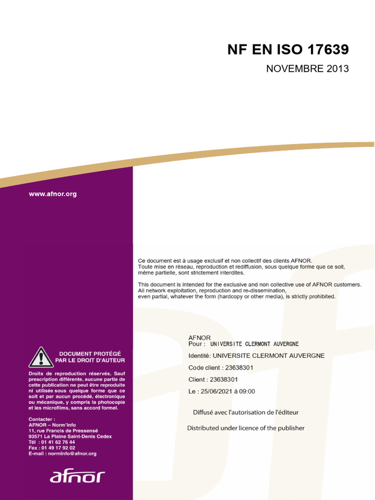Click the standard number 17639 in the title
click(328, 50)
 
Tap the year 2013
click(337, 69)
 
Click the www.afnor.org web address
click(53, 194)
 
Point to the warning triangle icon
click(41, 357)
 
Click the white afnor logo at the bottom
click(77, 477)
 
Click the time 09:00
click(247, 391)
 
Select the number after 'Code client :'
click(239, 368)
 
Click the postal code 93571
click(37, 436)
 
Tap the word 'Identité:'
click(200, 356)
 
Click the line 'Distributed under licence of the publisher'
click(246, 428)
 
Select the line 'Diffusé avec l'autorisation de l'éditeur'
click(246, 413)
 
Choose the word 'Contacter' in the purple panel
click(41, 419)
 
